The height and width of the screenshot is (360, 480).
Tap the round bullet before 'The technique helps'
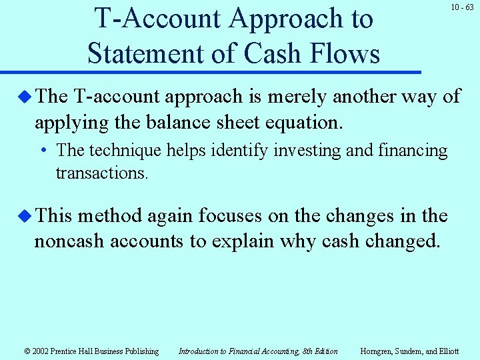tap(43, 151)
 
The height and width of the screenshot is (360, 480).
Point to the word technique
tap(123, 151)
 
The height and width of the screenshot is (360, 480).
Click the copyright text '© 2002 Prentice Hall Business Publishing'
tap(91, 351)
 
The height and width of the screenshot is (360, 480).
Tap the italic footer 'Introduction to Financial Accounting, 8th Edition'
tap(258, 351)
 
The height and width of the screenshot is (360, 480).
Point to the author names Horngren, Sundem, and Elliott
tap(409, 351)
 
